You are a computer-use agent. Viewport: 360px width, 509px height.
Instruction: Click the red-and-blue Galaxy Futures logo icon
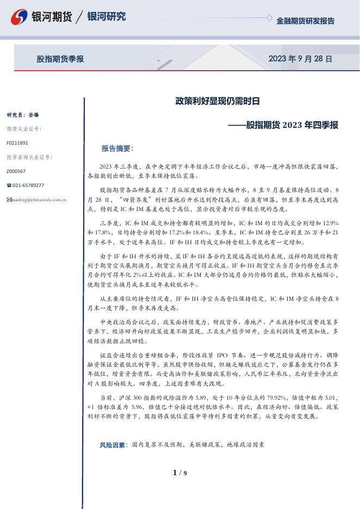20,17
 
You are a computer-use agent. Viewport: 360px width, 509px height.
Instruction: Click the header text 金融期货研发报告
305,21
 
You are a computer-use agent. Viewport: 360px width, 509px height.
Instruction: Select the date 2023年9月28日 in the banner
300,59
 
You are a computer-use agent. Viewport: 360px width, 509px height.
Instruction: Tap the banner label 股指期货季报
60,59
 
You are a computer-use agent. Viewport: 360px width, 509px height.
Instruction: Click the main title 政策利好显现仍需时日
217,101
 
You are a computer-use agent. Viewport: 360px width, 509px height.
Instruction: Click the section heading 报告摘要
117,148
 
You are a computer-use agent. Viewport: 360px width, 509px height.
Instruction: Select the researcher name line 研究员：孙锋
23,115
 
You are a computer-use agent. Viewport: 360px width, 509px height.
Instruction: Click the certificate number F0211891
17,143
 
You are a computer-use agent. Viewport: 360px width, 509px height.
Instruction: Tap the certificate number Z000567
16,171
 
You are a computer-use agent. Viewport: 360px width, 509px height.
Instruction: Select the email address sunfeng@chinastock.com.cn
39,200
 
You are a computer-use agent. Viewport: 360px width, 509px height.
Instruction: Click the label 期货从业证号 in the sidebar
24,129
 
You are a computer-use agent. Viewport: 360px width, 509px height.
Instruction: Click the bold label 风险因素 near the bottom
113,444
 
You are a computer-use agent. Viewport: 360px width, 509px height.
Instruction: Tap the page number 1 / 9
179,473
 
